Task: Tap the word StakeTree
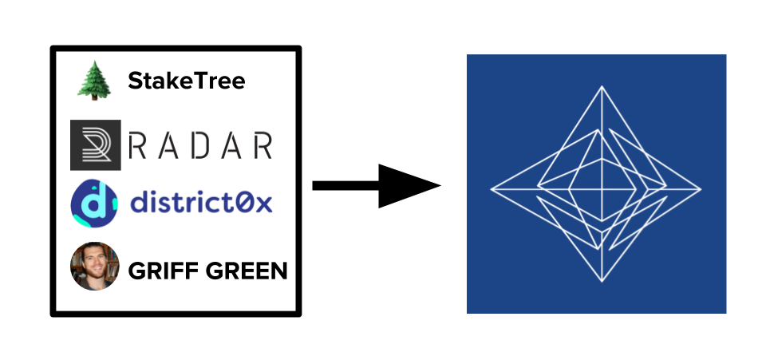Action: click(x=186, y=81)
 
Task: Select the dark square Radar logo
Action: click(x=95, y=145)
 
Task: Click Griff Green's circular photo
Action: click(x=95, y=267)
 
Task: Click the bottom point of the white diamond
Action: click(x=598, y=283)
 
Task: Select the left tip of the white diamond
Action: click(x=492, y=190)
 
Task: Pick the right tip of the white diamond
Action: click(x=700, y=190)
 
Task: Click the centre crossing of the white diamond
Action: click(x=598, y=190)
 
